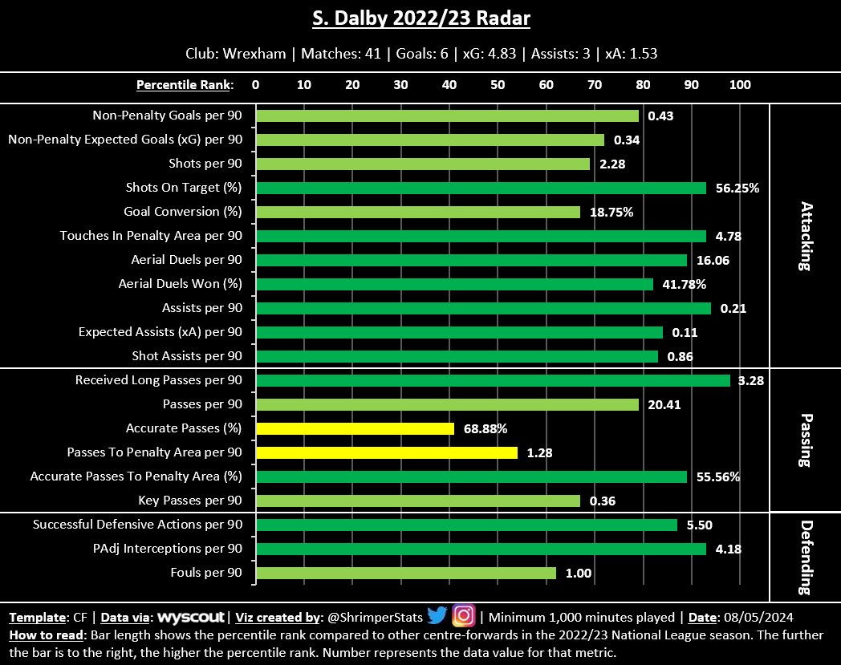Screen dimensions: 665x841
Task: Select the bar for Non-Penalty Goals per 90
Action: (447, 116)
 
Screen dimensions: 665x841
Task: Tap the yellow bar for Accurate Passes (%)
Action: (355, 428)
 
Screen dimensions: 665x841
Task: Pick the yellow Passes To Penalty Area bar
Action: (386, 452)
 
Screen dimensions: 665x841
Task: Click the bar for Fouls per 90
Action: (405, 573)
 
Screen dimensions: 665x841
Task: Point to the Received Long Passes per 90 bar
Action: (493, 380)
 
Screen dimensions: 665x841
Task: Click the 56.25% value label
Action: (737, 188)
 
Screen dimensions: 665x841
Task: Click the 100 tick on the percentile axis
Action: (739, 84)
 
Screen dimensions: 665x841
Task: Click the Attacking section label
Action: (805, 236)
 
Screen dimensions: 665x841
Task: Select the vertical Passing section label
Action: (805, 440)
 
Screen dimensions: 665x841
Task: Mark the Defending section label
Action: (805, 557)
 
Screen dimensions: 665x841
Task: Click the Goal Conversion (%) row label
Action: (183, 212)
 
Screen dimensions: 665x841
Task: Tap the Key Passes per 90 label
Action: (191, 501)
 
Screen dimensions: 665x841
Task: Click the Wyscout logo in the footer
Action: (192, 618)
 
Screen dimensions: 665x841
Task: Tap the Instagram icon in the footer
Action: (464, 616)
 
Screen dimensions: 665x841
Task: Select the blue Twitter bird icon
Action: (437, 616)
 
